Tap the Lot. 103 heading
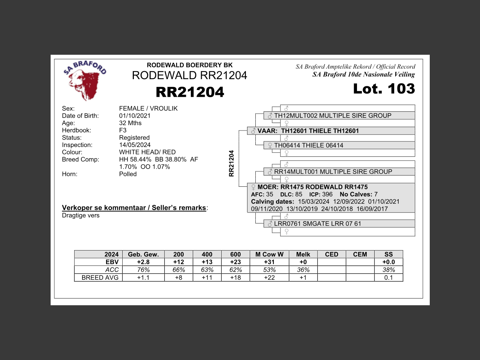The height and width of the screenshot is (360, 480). (x=384, y=88)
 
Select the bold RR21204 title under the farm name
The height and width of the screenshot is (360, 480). (x=190, y=92)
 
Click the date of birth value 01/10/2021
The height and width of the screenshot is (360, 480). (x=135, y=116)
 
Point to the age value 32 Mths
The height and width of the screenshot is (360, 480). (x=130, y=123)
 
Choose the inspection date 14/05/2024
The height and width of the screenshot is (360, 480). (x=135, y=145)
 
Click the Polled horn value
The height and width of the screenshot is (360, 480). (x=128, y=174)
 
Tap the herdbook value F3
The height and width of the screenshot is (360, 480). (x=123, y=130)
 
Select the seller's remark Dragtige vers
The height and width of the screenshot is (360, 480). (x=81, y=216)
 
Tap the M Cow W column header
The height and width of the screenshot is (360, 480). (x=269, y=254)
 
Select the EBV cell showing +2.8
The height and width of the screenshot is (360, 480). (x=143, y=262)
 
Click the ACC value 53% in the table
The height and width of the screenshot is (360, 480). (x=269, y=270)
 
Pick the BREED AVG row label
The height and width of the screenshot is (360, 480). (x=100, y=278)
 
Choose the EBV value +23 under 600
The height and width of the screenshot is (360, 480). (x=235, y=262)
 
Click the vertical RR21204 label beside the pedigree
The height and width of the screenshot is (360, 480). (x=231, y=163)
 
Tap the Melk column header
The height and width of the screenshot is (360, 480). (x=303, y=254)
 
